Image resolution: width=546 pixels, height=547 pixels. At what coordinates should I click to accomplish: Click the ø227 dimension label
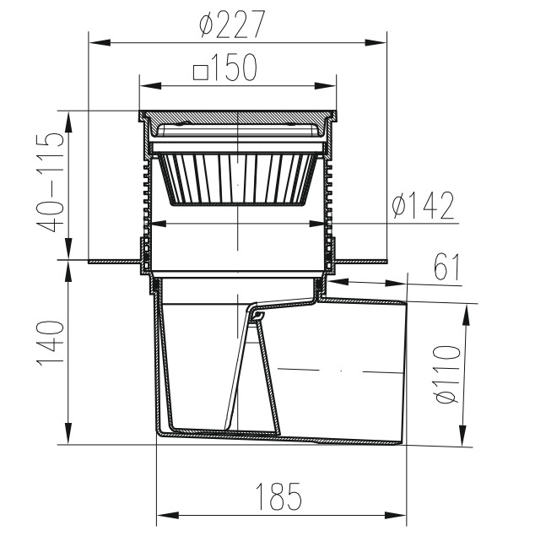[x=232, y=24]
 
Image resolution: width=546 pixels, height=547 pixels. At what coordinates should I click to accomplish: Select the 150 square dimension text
[x=235, y=67]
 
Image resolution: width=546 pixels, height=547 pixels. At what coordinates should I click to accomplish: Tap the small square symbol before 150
[x=201, y=73]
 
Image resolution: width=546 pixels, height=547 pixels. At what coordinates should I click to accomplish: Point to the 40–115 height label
[x=51, y=181]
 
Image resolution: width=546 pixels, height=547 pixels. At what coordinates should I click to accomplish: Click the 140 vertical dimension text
[x=51, y=343]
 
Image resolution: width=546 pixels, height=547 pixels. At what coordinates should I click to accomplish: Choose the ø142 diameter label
[x=423, y=205]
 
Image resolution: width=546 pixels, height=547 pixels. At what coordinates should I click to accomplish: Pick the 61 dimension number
[x=446, y=267]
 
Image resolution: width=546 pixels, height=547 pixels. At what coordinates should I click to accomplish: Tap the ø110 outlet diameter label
[x=448, y=374]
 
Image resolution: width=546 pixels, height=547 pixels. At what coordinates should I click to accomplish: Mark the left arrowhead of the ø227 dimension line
[x=100, y=42]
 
